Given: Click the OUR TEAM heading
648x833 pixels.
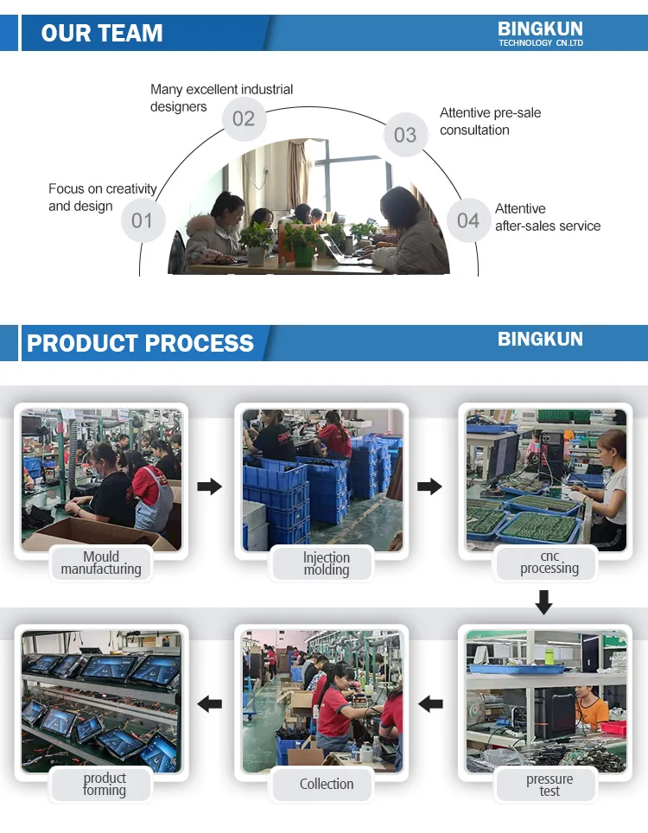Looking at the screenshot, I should click(102, 34).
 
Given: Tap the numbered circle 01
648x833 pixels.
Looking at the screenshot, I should click(142, 220).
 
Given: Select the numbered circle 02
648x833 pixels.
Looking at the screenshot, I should click(244, 118).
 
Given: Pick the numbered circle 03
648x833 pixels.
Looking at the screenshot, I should click(405, 135).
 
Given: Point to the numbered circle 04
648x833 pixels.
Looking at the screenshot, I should click(468, 220).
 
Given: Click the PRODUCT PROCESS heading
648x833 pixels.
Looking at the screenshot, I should click(140, 343).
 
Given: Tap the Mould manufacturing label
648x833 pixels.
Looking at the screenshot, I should click(101, 563).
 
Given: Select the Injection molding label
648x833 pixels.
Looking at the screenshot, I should click(327, 564).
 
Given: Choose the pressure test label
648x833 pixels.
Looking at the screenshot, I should click(550, 785).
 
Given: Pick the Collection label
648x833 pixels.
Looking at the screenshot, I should click(327, 785).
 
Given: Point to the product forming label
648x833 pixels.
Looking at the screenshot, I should click(105, 785).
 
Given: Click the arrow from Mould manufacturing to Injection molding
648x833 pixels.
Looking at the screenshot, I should click(209, 486).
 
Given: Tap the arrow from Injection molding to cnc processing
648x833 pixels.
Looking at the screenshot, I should click(429, 486).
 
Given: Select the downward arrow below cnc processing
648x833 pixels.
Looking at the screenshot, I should click(543, 601).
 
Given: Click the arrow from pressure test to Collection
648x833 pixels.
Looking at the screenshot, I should click(430, 704).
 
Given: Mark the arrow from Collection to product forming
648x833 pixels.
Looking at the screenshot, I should click(209, 704).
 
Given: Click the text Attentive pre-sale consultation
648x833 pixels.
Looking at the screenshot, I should click(490, 122).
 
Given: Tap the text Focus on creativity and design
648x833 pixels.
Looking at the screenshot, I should click(102, 197).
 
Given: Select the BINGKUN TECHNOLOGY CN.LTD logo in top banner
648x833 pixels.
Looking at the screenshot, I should click(540, 34).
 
